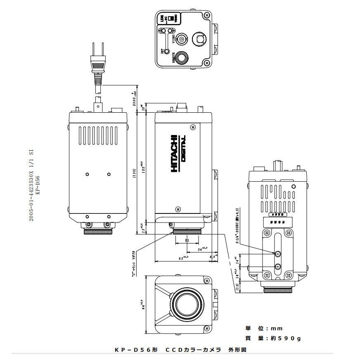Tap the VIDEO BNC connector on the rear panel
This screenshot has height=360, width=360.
pos(182,40)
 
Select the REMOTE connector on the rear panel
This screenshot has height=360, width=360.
pos(180,58)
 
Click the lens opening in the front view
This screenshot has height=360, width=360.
pos(185,304)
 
